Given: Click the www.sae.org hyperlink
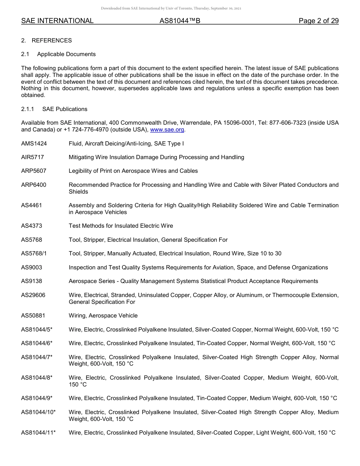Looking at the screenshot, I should coord(167,130).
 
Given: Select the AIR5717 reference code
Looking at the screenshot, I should coord(30,157).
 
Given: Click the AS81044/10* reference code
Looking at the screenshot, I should coord(38,412).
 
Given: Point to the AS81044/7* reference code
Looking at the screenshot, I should coord(37,357).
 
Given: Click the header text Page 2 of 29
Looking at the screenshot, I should coord(318,21).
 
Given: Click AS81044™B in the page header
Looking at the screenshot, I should coord(180,21).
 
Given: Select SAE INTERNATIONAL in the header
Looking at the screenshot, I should coord(57,21).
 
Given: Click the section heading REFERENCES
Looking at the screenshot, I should coord(52,41).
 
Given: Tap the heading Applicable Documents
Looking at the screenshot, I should coord(66,54).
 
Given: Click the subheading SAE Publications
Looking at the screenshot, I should coord(65,109).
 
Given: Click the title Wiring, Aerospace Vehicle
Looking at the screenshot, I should coord(103,316).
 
